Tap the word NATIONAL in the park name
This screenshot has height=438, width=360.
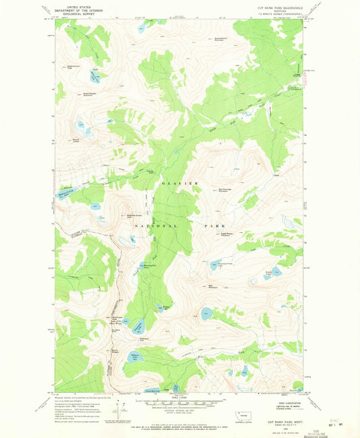click(155, 225)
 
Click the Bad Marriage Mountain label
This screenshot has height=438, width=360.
click(227, 190)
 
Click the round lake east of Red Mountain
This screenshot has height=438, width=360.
click(205, 312)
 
